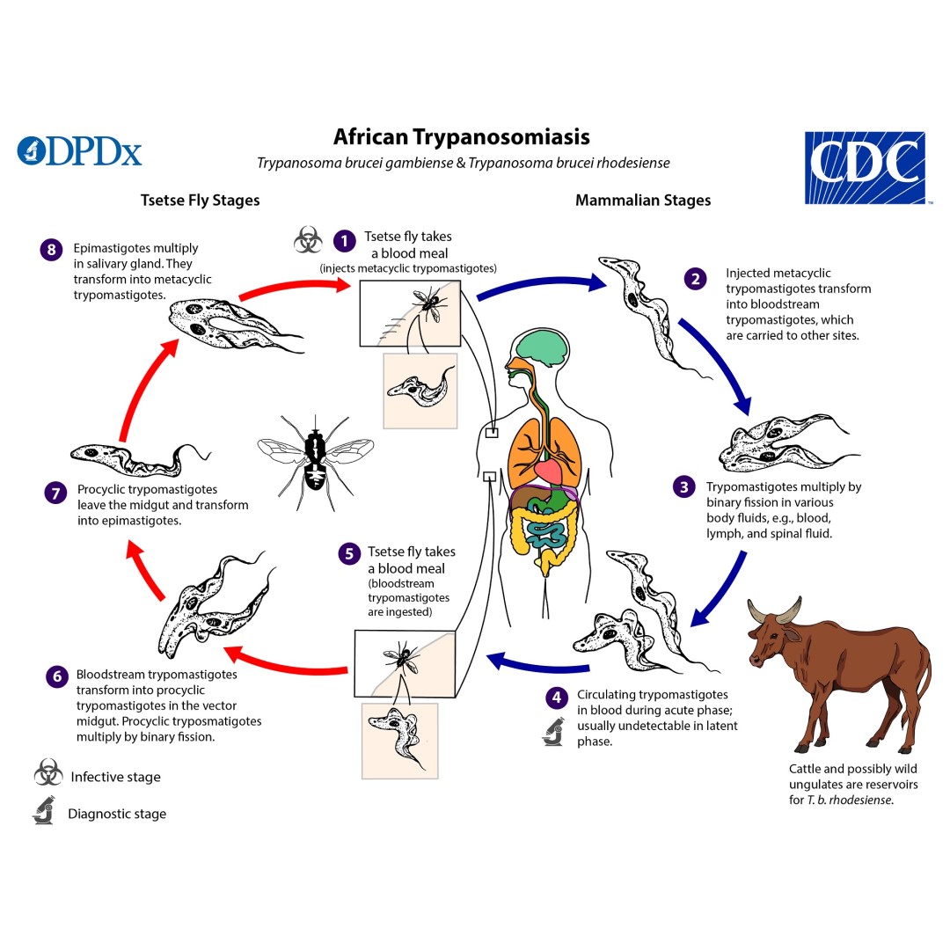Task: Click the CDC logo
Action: [866, 168]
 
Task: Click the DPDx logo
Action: [79, 150]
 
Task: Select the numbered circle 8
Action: [52, 250]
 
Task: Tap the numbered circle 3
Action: [683, 486]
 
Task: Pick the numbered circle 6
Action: [57, 676]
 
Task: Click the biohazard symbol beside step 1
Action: [307, 238]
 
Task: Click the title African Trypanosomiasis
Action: [461, 137]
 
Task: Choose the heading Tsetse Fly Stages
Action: [200, 200]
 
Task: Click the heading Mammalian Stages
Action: [642, 200]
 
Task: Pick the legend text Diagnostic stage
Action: [117, 814]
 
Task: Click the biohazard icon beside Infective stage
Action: [47, 775]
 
